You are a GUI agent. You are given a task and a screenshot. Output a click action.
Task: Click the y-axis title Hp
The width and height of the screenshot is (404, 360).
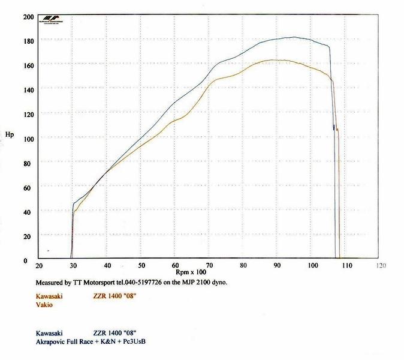[9, 134]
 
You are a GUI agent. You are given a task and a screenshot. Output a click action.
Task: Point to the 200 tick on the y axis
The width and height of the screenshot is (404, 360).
[28, 17]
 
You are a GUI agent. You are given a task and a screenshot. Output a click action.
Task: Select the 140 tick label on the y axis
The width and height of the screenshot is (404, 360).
[28, 89]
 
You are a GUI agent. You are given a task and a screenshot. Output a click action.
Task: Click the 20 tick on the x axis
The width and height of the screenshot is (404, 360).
[39, 265]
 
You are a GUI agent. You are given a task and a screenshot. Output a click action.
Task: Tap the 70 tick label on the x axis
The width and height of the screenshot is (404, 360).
[209, 265]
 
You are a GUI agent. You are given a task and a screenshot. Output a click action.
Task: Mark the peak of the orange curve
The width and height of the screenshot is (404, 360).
[276, 60]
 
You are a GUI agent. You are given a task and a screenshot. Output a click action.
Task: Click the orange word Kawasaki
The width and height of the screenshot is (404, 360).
[45, 296]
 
